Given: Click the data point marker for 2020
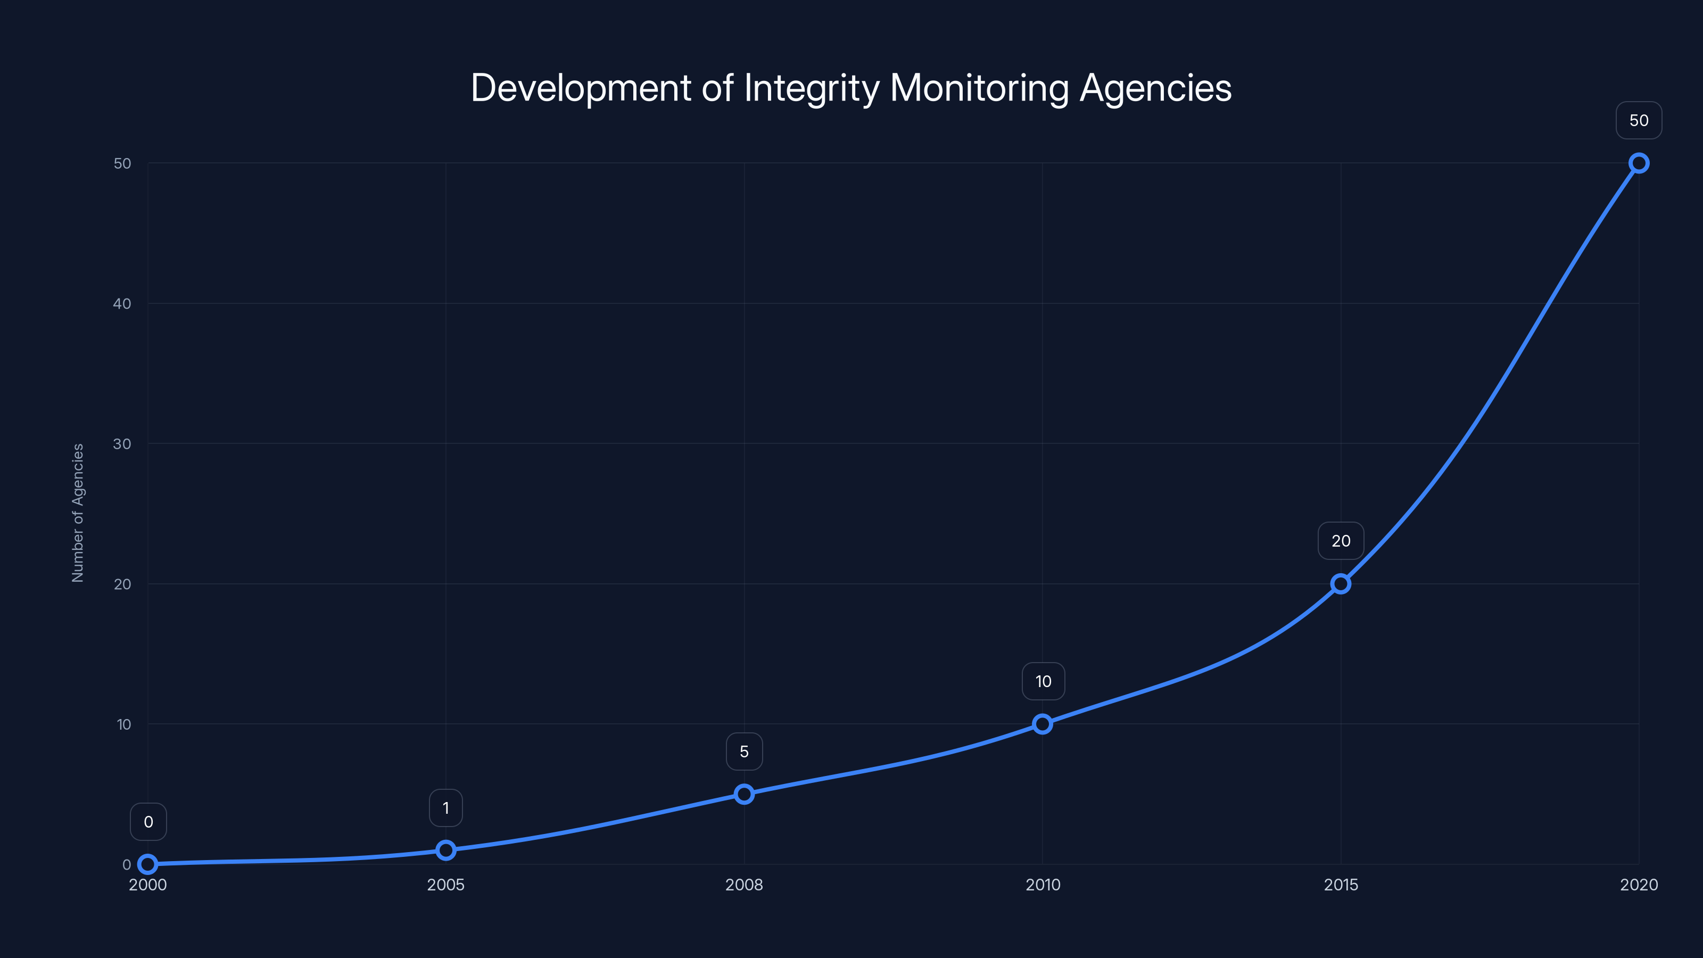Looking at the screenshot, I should tap(1638, 163).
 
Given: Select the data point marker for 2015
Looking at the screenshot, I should tap(1340, 584).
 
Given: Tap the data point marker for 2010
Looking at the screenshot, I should tap(1043, 724).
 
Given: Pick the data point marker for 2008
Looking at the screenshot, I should tap(744, 794).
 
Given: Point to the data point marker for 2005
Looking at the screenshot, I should tap(445, 850).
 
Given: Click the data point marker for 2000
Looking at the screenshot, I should tap(147, 864).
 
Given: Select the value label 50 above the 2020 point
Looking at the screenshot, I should tap(1638, 120).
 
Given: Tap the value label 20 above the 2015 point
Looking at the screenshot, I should tap(1340, 541).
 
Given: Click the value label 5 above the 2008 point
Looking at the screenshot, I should tap(744, 751).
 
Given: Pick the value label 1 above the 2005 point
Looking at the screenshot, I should tap(445, 808).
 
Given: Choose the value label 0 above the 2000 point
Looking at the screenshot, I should tap(148, 822).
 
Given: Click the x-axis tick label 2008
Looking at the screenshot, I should tap(744, 885).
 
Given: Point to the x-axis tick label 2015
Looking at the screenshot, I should tap(1340, 885).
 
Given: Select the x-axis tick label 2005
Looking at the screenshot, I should tap(445, 885).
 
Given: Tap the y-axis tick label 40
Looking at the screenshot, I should tap(122, 303).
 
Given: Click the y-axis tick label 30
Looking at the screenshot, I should tap(122, 444).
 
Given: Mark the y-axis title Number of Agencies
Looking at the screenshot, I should tap(78, 513).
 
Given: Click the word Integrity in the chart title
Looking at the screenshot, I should tap(811, 88).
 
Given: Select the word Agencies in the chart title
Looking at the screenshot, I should tap(1155, 88).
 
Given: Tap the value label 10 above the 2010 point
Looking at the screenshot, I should tap(1043, 682).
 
